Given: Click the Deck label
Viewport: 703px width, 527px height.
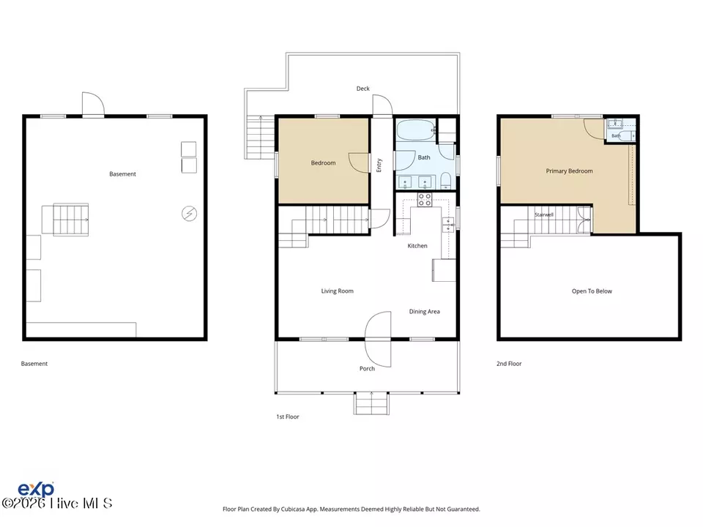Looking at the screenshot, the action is click(x=362, y=89).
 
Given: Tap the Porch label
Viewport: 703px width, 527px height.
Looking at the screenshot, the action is click(x=367, y=368).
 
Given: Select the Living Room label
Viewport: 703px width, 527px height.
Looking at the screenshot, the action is click(x=337, y=291).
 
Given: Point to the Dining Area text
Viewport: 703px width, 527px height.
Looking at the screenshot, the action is click(x=424, y=312).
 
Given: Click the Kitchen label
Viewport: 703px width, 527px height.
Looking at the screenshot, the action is click(x=417, y=246).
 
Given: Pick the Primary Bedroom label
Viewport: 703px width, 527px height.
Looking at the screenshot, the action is click(x=569, y=171).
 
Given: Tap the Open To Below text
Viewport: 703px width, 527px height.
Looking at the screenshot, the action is click(x=592, y=291).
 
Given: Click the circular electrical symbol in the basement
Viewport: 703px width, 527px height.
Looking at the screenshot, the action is click(x=189, y=214).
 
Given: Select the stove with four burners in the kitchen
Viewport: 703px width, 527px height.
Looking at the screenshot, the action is click(x=425, y=199).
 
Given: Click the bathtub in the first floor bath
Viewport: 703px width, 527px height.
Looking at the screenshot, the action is click(x=416, y=130).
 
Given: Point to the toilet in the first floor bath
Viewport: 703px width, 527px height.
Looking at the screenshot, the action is click(x=445, y=182).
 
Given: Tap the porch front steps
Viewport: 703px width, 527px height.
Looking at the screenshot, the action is click(x=371, y=403).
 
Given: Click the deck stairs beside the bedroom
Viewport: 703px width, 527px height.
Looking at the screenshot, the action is click(x=260, y=137).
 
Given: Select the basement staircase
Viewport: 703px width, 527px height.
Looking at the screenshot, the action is click(x=70, y=220).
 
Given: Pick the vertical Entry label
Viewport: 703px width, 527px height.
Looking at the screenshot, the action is click(x=379, y=165).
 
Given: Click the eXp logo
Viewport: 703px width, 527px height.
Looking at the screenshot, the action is click(x=36, y=489).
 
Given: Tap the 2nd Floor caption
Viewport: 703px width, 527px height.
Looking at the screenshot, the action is click(x=509, y=364).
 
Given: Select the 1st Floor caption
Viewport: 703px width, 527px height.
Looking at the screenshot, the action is click(x=287, y=416).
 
